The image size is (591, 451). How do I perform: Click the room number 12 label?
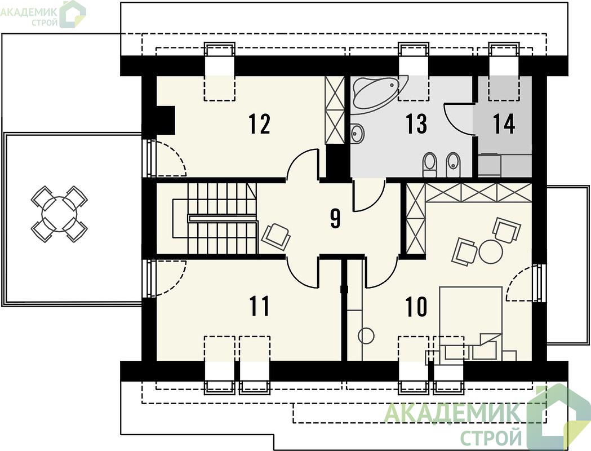[x=260, y=124]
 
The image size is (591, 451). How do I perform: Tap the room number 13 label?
[x=416, y=123]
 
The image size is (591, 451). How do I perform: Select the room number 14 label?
[x=504, y=123]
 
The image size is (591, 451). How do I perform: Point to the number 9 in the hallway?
[x=335, y=219]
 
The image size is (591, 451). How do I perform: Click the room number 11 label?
[x=260, y=306]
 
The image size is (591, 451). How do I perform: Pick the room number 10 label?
[x=416, y=306]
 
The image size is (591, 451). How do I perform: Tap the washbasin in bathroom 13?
[x=357, y=134]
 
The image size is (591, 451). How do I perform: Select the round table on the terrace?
[x=59, y=214]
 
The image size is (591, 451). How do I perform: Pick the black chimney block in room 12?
[x=165, y=120]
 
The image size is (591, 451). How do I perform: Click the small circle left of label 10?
[x=366, y=335]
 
